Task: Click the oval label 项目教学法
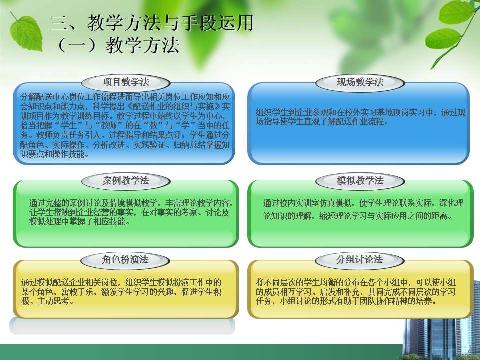click(x=126, y=82)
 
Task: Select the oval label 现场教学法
click(x=360, y=82)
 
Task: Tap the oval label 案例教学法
click(x=126, y=181)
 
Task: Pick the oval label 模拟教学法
click(x=360, y=181)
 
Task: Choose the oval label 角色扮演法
click(x=125, y=260)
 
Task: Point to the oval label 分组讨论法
click(x=359, y=260)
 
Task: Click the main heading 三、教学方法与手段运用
click(x=152, y=23)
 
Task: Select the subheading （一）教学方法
click(x=118, y=45)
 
